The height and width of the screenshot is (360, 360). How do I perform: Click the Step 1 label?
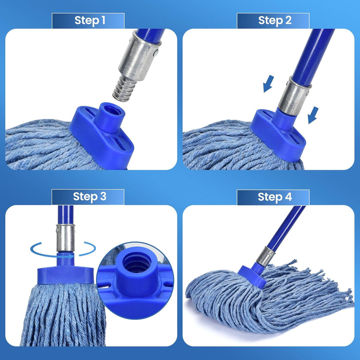90,20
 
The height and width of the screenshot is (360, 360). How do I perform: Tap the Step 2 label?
275,20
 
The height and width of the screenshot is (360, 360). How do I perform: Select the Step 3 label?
89,197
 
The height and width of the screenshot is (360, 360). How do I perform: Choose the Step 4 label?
275,197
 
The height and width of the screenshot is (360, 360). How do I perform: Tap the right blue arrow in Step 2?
313,115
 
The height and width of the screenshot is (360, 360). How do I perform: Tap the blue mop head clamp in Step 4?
252,275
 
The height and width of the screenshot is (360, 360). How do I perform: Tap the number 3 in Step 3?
102,197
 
